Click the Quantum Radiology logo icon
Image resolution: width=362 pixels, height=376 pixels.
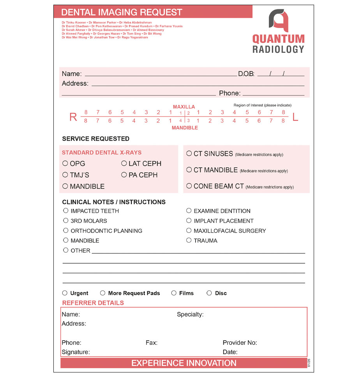click(279, 21)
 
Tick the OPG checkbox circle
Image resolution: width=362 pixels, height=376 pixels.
click(65, 163)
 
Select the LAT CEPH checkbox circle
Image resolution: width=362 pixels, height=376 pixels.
click(124, 163)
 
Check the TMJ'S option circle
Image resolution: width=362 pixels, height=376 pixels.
click(65, 175)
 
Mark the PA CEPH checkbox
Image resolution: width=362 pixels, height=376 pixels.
click(124, 175)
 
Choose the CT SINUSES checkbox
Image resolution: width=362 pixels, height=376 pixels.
click(189, 154)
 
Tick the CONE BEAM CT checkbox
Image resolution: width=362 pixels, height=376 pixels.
click(189, 186)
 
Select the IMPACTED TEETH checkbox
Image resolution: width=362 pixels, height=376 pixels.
click(66, 211)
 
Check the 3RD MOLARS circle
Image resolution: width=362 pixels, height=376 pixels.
click(66, 220)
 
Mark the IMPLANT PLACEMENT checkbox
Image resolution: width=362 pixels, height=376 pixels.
click(189, 220)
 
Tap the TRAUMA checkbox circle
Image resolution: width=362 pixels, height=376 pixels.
click(189, 240)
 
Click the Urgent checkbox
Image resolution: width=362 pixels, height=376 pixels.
click(65, 293)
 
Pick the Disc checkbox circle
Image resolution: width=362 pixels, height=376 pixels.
click(209, 293)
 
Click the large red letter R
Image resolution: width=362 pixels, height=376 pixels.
click(73, 117)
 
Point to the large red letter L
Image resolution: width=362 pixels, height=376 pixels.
click(295, 117)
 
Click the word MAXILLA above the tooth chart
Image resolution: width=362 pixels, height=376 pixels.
click(184, 107)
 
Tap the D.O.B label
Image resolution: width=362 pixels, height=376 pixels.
click(246, 73)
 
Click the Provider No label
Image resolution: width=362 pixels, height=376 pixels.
click(240, 343)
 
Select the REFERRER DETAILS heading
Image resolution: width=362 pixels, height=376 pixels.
click(93, 303)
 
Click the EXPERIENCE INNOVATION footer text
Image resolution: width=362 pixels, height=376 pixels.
click(184, 363)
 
